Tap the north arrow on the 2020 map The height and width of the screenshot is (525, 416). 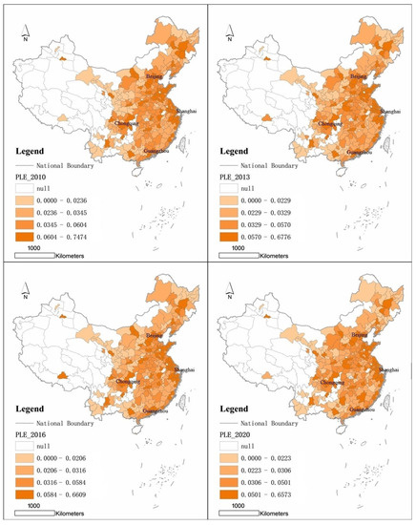click(x=232, y=298)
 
